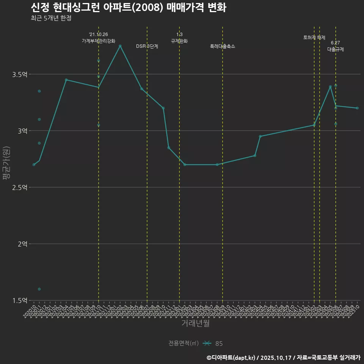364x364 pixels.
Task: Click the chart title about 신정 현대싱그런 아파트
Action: click(x=128, y=8)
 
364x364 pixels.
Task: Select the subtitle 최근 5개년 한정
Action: click(x=51, y=18)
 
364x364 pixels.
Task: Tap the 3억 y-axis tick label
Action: click(x=22, y=131)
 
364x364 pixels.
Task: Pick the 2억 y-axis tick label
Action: click(x=22, y=244)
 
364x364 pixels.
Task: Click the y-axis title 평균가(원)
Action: click(x=6, y=163)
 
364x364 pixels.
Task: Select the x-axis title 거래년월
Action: click(x=195, y=323)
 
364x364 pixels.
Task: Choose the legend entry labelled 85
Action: click(x=219, y=344)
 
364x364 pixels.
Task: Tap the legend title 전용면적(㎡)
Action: click(x=184, y=344)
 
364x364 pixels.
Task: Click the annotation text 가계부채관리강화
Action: click(x=99, y=41)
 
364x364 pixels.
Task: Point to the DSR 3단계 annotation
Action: click(x=147, y=46)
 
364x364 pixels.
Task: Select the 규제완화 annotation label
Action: click(x=179, y=41)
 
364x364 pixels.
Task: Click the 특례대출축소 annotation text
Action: click(x=223, y=46)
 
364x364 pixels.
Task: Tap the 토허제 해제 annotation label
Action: click(x=314, y=38)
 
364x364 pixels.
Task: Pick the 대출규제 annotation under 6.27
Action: click(x=336, y=49)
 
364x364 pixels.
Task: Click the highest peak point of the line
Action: click(x=120, y=46)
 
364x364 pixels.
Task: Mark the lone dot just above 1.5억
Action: click(x=39, y=289)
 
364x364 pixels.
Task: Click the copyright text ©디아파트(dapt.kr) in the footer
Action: click(x=231, y=357)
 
